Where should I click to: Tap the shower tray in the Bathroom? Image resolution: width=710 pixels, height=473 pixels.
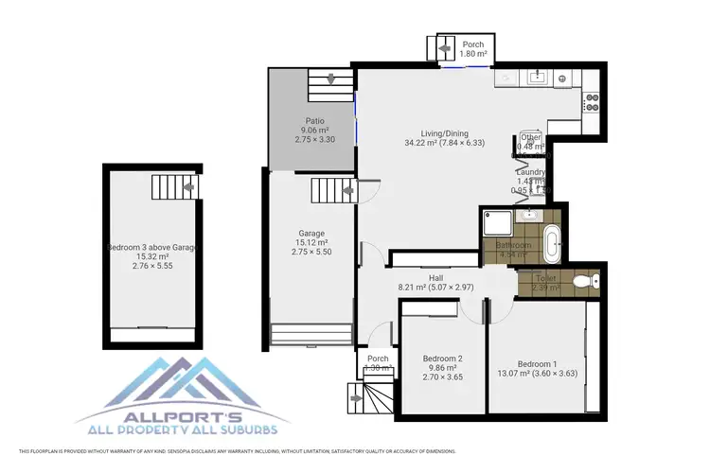pos(499,225)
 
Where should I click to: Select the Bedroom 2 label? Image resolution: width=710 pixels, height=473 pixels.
pos(442,359)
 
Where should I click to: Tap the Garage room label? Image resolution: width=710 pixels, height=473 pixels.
pos(311,233)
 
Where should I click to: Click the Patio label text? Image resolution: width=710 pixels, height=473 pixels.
pos(315,121)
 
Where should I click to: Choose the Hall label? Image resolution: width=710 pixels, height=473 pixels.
pos(436,277)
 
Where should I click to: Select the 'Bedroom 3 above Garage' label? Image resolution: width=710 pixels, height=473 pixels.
pos(151,247)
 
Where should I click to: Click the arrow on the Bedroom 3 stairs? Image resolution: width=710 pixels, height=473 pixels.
pos(190,188)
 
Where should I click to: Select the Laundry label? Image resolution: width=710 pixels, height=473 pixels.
pos(530,171)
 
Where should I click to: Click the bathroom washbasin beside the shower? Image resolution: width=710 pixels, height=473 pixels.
pos(528,214)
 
